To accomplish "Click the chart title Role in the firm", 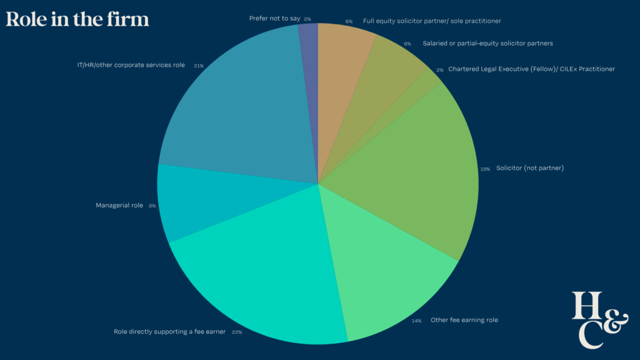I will [77, 19].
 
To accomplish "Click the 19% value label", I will [484, 169].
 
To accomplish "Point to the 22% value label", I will [236, 332].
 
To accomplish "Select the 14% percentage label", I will [416, 321].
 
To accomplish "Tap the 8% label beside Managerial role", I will [152, 206].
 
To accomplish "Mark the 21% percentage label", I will [198, 66].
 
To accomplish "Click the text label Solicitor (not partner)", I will [530, 168].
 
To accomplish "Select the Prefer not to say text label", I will [274, 19].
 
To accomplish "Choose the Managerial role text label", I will [119, 205].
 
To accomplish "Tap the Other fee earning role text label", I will [464, 320].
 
